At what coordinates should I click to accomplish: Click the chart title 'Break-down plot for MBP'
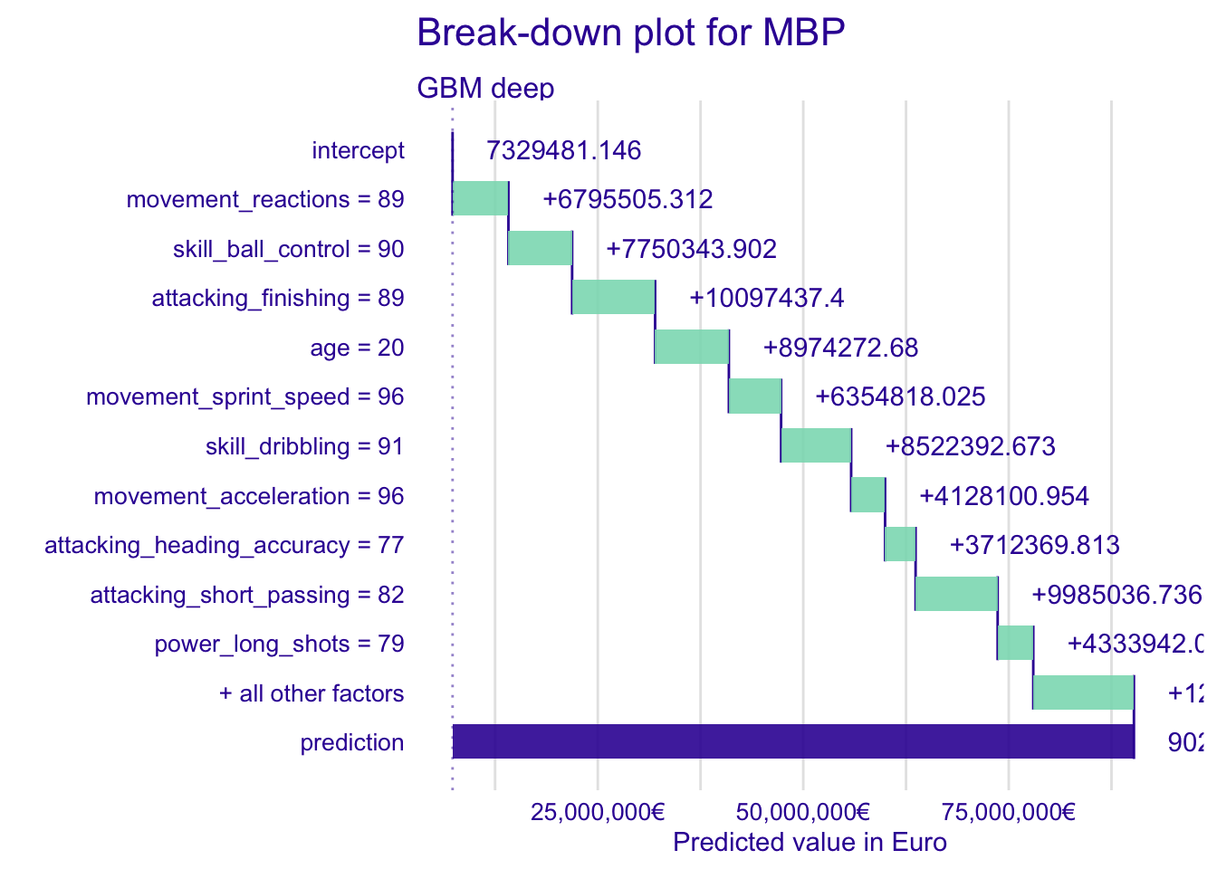[x=630, y=33]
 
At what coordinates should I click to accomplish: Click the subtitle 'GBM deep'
[x=485, y=88]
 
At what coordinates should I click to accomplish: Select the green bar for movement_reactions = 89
[x=480, y=198]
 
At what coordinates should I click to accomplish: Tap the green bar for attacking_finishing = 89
[x=613, y=297]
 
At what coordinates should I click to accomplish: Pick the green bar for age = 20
[x=691, y=347]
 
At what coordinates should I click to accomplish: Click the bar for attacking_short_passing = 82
[x=956, y=594]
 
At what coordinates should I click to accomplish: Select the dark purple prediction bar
[x=792, y=741]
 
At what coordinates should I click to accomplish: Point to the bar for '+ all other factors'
[x=1083, y=692]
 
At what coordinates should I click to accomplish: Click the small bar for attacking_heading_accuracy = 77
[x=900, y=544]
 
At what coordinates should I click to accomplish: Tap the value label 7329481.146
[x=563, y=150]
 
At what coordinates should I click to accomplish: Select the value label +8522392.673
[x=970, y=446]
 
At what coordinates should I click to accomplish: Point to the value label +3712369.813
[x=1034, y=545]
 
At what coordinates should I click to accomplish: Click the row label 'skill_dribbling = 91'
[x=304, y=446]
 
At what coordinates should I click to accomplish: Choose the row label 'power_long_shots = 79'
[x=279, y=644]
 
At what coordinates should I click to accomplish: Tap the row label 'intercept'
[x=358, y=150]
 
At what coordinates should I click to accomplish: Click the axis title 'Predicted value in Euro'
[x=810, y=843]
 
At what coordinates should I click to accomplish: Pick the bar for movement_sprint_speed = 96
[x=754, y=396]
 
